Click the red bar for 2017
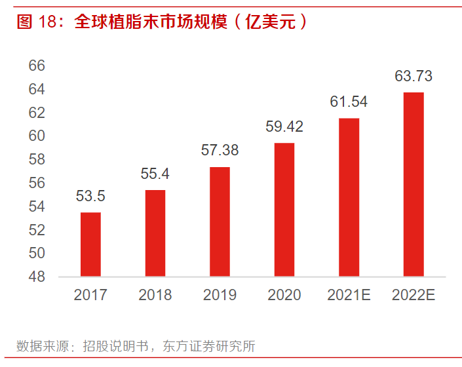click(90, 244)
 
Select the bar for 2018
click(155, 233)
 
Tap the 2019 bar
click(220, 222)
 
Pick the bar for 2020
click(284, 209)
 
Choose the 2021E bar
click(349, 197)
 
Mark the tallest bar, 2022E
click(414, 184)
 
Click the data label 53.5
click(90, 196)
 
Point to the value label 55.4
click(155, 174)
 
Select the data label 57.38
click(220, 150)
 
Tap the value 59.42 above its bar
click(284, 126)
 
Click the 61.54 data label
click(349, 102)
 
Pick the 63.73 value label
click(414, 76)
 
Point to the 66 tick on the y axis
click(37, 66)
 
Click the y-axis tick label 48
click(37, 277)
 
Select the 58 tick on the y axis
click(37, 159)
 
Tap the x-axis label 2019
click(220, 295)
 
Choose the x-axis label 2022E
click(414, 295)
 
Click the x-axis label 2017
click(90, 295)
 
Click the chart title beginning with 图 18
click(161, 22)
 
